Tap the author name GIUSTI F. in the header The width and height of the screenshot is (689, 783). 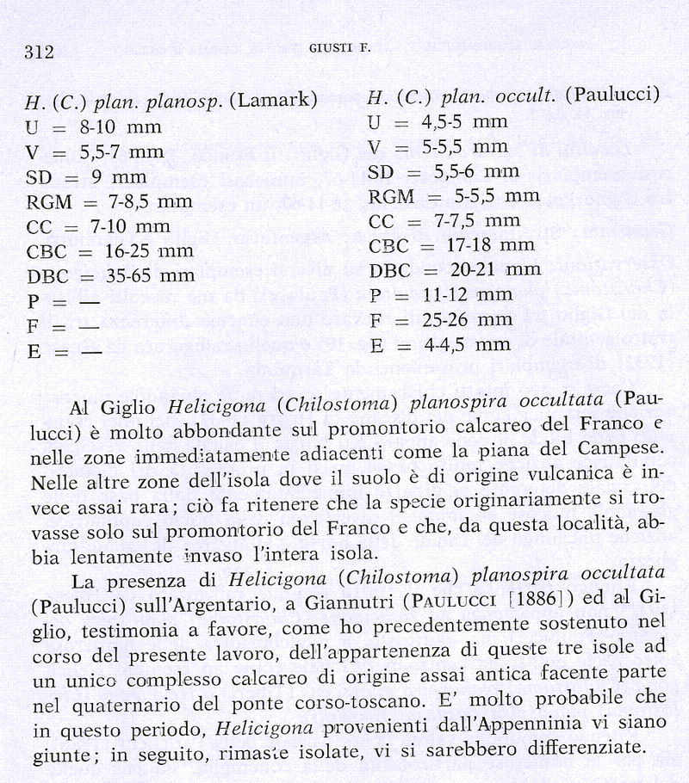(339, 50)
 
